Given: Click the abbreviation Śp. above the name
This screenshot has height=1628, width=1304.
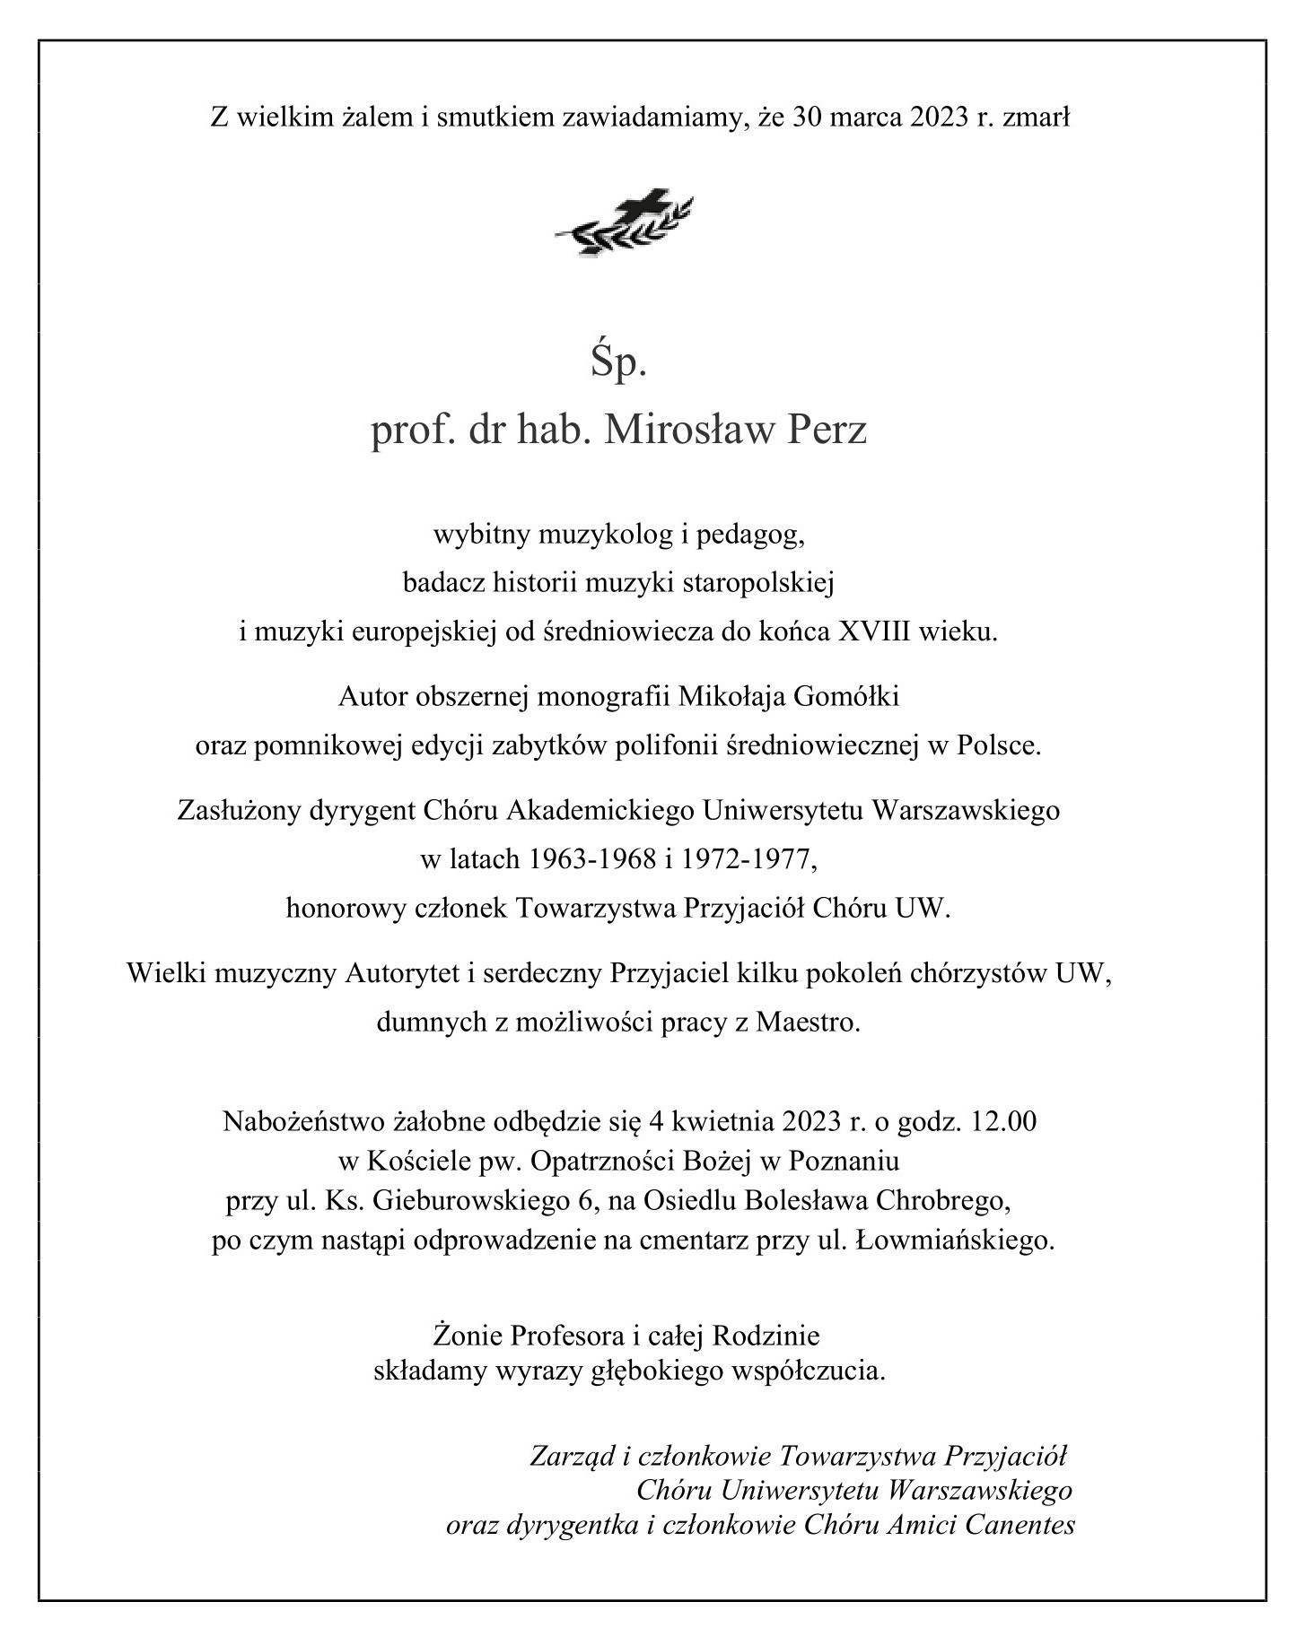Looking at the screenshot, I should pos(618,365).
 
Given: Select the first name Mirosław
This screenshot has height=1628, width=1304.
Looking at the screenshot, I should pos(687,431).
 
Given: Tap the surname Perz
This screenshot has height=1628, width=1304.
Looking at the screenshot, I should pos(827,431).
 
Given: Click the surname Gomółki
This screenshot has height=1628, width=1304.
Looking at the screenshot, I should pos(847,696).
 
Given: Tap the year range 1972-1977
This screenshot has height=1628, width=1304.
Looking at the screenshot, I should pos(746,858).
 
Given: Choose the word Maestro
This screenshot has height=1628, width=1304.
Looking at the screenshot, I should pos(808,1022).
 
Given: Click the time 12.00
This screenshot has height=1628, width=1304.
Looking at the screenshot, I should pos(1003,1121).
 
